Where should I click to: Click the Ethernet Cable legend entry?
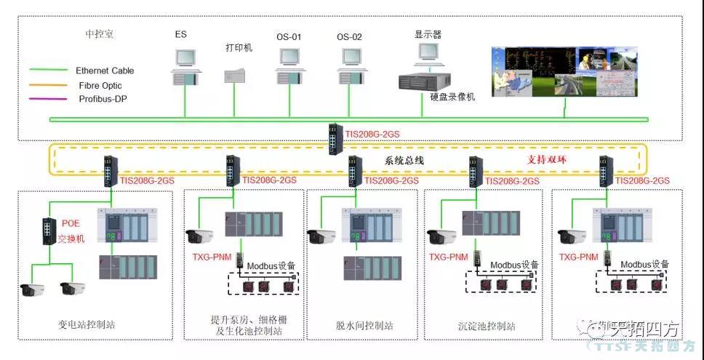(105, 71)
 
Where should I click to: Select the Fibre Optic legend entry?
(100, 85)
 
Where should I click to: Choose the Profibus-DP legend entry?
(103, 99)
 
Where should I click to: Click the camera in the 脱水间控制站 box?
(323, 236)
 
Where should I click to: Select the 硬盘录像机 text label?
(452, 97)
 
